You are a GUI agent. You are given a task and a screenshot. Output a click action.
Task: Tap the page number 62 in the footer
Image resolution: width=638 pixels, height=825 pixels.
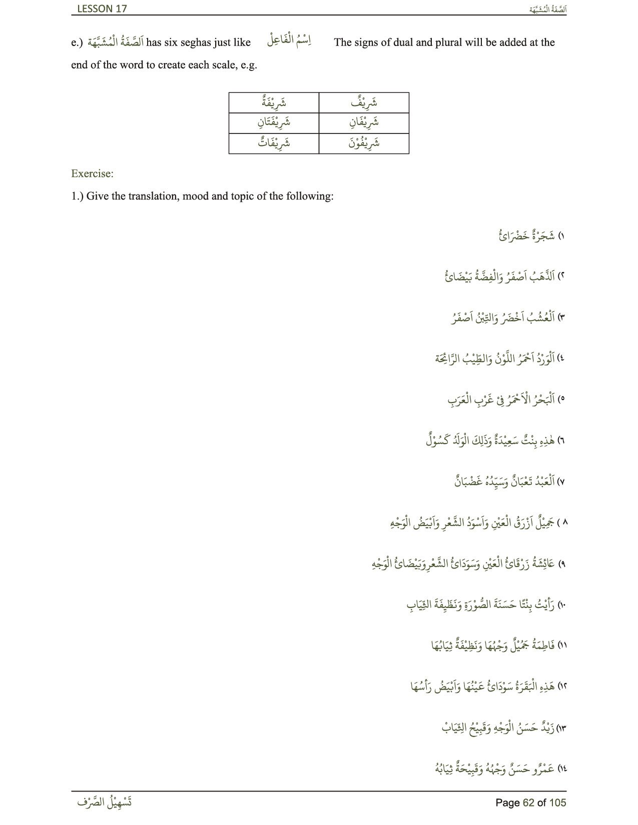pos(528,802)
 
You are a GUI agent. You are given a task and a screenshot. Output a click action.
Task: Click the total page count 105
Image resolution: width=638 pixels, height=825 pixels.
pos(557,802)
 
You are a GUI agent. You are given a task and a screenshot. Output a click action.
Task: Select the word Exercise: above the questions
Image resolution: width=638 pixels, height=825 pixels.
pos(92,173)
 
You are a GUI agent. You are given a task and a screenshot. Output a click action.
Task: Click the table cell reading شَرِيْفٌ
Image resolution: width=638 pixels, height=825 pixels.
pos(364,103)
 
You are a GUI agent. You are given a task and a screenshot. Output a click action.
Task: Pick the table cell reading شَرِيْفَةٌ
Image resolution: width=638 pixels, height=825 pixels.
pos(274,103)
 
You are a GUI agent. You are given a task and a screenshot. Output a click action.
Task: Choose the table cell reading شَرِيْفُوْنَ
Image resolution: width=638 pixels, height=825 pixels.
pos(364,143)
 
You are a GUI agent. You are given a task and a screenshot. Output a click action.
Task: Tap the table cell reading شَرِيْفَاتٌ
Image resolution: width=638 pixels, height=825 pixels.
pos(274,143)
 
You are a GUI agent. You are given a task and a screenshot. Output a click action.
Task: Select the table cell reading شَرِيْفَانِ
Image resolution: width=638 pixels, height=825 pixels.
pos(364,122)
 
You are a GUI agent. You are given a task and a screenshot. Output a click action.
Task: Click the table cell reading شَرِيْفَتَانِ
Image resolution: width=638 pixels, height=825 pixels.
pos(274,122)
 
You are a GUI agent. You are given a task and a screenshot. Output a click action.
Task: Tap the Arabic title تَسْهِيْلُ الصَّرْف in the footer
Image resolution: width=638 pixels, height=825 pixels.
pos(105,802)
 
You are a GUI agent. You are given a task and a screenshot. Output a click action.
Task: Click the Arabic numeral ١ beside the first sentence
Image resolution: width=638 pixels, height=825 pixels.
pos(561,236)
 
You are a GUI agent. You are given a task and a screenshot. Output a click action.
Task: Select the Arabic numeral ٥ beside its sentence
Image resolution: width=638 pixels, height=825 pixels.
pos(561,400)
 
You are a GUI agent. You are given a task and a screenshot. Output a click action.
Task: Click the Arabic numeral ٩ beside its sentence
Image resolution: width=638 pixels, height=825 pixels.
pos(561,564)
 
